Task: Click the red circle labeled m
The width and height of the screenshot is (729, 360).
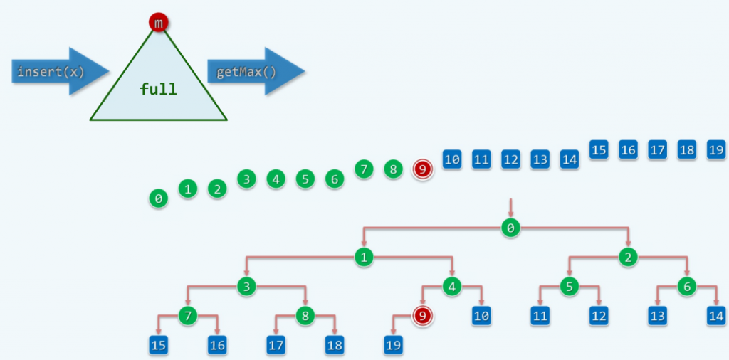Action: point(158,23)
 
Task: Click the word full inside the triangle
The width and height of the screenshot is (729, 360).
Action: point(158,90)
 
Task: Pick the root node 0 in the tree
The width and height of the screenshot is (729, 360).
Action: point(510,228)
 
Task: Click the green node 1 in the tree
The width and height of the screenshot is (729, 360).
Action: point(364,258)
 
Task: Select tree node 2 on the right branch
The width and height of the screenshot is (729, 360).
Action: point(627,258)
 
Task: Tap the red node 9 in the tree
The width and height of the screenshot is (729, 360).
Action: point(422,316)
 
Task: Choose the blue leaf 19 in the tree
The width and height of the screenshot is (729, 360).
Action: point(393,345)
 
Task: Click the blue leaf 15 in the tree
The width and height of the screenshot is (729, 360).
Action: point(159,345)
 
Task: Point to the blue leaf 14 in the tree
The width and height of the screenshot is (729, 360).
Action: point(715,316)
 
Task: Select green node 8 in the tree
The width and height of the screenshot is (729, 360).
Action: point(305,316)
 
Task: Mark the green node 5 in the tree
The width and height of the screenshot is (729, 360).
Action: point(569,287)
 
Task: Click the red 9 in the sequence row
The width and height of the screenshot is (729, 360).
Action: point(423,169)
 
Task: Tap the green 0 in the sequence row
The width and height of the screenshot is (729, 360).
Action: point(158,198)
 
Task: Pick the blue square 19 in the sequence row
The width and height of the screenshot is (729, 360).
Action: point(715,150)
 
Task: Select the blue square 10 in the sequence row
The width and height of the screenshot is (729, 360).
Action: point(452,159)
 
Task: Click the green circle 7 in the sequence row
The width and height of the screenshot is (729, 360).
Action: point(363,169)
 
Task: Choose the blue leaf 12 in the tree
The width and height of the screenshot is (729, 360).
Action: point(598,316)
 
